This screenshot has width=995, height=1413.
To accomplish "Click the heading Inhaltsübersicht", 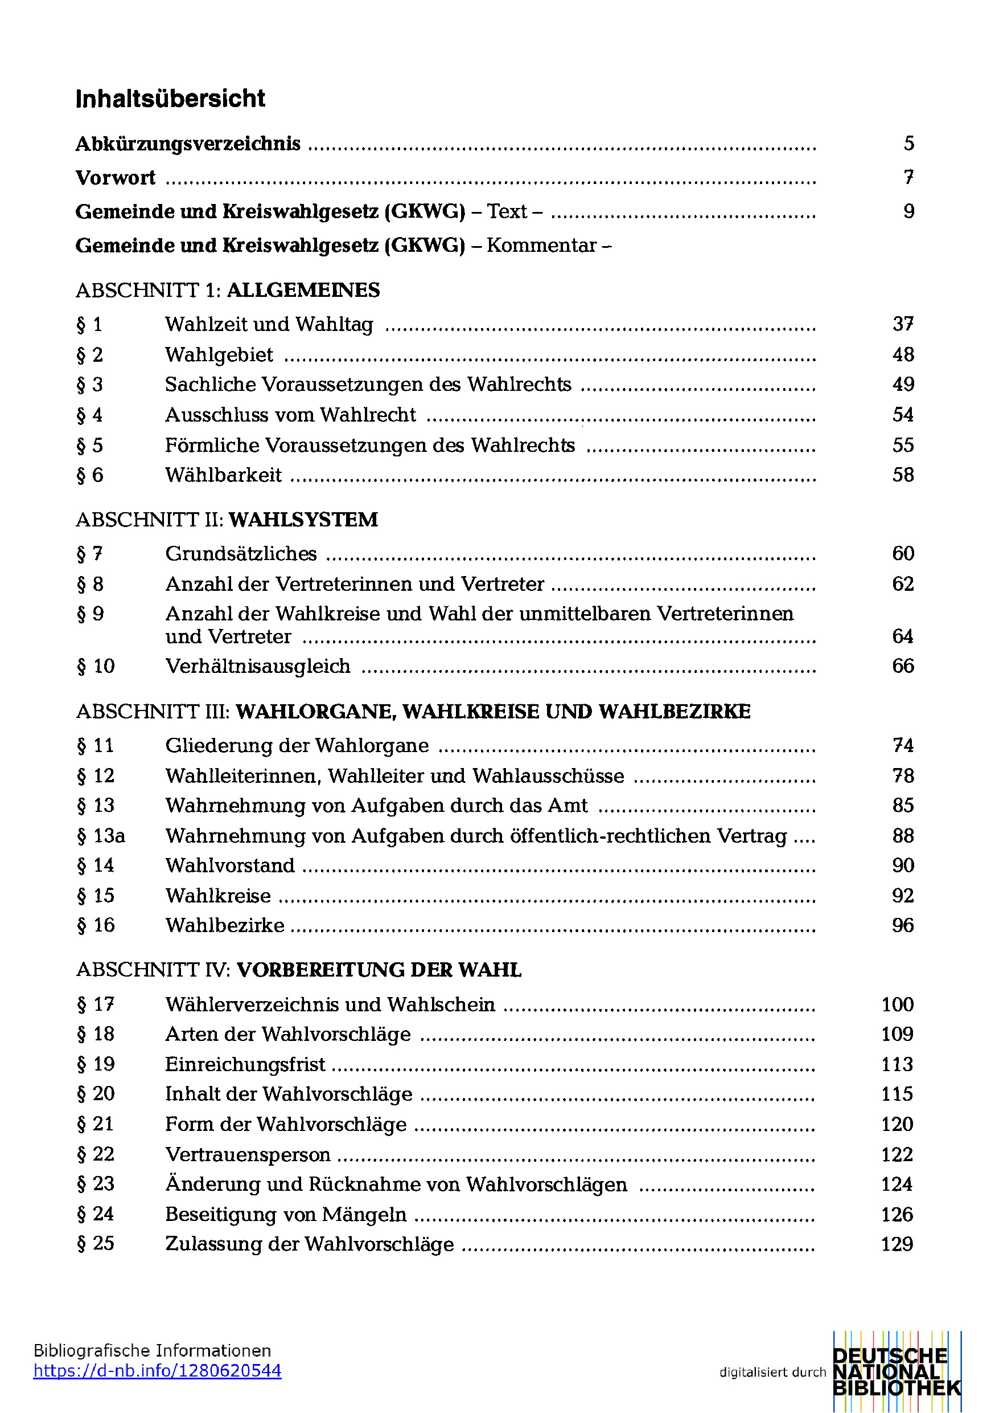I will point(170,99).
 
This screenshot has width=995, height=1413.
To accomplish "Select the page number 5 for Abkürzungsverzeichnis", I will point(908,144).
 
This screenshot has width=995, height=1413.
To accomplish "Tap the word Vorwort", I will point(116,178).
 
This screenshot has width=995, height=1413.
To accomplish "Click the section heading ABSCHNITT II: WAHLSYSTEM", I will point(227,520).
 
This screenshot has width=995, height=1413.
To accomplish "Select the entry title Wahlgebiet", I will point(219,354).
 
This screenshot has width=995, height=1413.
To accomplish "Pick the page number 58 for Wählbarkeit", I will point(903,475).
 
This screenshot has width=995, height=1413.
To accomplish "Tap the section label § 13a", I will point(101,836).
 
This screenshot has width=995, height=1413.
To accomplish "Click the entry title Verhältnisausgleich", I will point(258,666).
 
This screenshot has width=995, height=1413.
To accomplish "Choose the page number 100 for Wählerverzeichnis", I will point(897,1004).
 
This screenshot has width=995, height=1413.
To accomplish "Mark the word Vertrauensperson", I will point(248,1154).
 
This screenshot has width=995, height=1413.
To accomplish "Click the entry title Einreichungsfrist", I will point(245,1064).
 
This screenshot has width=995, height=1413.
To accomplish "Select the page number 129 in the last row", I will point(897,1244).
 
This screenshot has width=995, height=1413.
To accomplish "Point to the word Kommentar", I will point(542,246).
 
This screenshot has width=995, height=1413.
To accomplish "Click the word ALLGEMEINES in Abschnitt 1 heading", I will point(303,290).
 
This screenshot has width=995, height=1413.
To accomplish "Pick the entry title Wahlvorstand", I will point(230,865).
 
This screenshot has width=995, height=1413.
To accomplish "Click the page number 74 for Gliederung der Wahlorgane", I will point(903,745).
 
